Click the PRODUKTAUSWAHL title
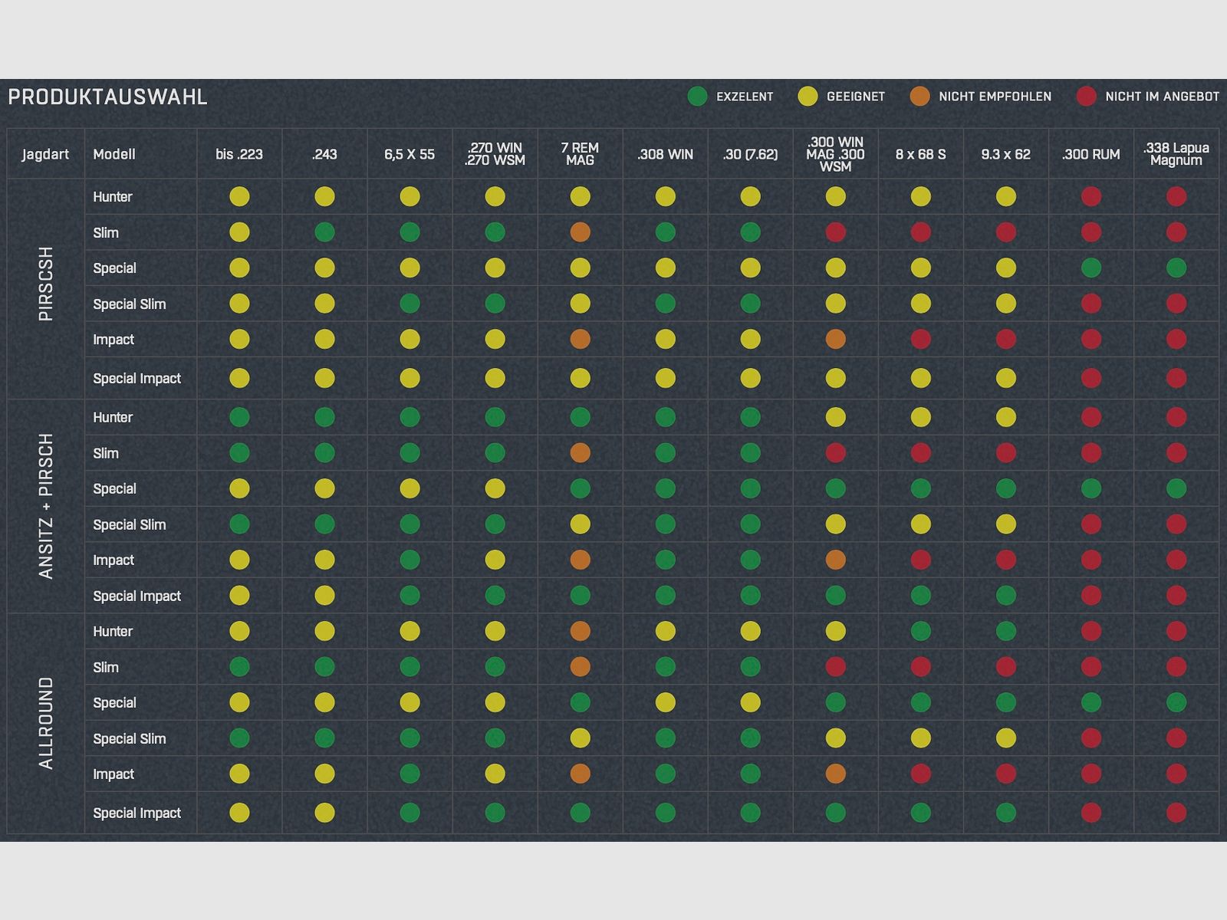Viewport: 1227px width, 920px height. pyautogui.click(x=107, y=97)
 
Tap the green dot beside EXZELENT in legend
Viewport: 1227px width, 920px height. pyautogui.click(x=697, y=97)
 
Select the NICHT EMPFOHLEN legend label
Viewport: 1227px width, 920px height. pyautogui.click(x=995, y=97)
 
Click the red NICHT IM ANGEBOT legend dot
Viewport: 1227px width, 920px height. pyautogui.click(x=1086, y=97)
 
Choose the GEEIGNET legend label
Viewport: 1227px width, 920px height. pyautogui.click(x=855, y=97)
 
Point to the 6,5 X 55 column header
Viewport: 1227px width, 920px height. pyautogui.click(x=410, y=154)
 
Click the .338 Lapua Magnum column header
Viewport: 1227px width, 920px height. pyautogui.click(x=1176, y=154)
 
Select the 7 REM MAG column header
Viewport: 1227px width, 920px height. pyautogui.click(x=580, y=154)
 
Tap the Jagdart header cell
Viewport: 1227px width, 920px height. pyautogui.click(x=45, y=154)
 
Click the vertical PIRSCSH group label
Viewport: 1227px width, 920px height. pyautogui.click(x=46, y=284)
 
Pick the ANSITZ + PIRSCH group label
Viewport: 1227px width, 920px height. pyautogui.click(x=46, y=506)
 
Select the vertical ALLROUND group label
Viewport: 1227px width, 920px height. pyautogui.click(x=46, y=723)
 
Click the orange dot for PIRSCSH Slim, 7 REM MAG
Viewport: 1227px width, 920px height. pyautogui.click(x=581, y=232)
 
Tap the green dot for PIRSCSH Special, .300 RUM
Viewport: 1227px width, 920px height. pyautogui.click(x=1090, y=268)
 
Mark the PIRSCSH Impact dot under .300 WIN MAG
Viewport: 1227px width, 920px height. pyautogui.click(x=835, y=339)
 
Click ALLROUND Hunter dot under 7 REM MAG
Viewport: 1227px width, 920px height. pyautogui.click(x=581, y=631)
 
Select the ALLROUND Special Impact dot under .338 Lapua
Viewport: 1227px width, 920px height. pyautogui.click(x=1176, y=813)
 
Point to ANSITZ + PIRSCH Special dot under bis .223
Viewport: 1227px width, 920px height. pyautogui.click(x=239, y=488)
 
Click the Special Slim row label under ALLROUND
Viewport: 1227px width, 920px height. pyautogui.click(x=129, y=738)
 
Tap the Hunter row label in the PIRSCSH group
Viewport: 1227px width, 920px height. pyautogui.click(x=113, y=197)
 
